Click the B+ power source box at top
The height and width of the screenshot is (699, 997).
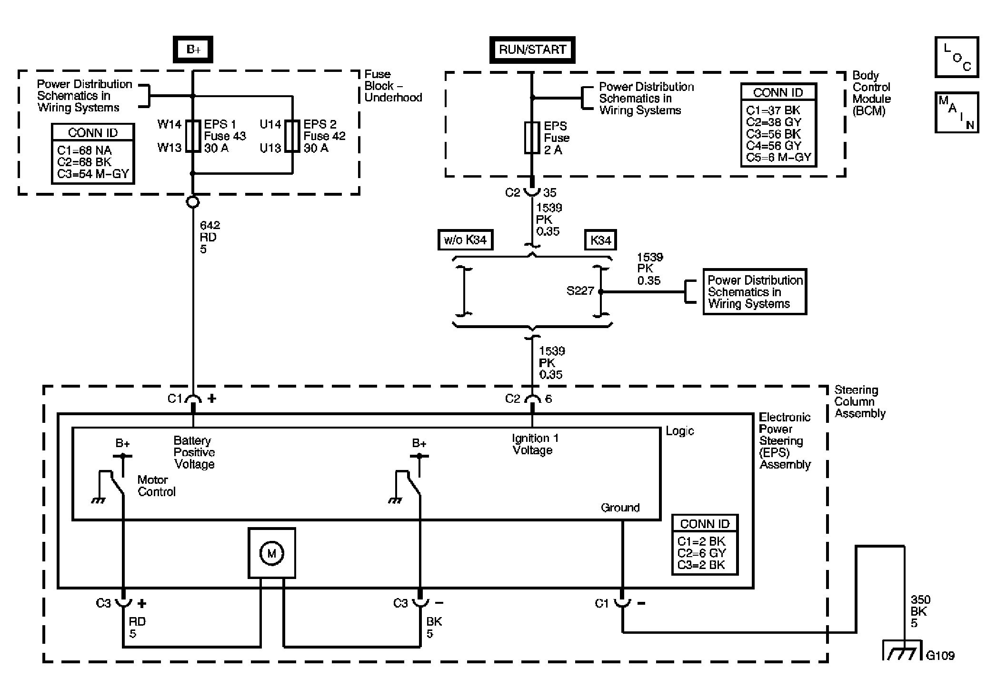193,50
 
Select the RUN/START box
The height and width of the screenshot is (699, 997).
532,50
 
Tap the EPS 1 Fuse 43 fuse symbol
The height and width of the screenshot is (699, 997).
193,136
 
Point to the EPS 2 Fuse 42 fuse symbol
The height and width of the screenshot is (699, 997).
292,136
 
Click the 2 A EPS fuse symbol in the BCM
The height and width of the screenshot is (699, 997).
532,138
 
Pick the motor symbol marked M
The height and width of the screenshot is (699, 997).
272,553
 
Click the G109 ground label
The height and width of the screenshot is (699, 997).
940,656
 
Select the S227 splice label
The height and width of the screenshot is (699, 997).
580,290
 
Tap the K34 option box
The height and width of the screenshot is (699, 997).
600,240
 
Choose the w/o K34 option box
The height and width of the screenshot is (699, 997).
465,240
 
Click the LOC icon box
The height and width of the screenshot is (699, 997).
957,57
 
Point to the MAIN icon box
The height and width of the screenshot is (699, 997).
957,112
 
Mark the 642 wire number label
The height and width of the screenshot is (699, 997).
210,225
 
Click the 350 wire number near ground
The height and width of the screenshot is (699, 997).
920,599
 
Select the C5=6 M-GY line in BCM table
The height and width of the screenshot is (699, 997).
778,158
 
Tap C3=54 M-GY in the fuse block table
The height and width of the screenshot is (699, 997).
93,174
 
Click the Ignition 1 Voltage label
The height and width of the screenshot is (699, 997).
535,444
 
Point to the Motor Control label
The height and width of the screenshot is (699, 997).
157,486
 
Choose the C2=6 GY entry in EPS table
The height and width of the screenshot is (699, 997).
702,553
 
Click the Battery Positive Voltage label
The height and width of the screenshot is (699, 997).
194,452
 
